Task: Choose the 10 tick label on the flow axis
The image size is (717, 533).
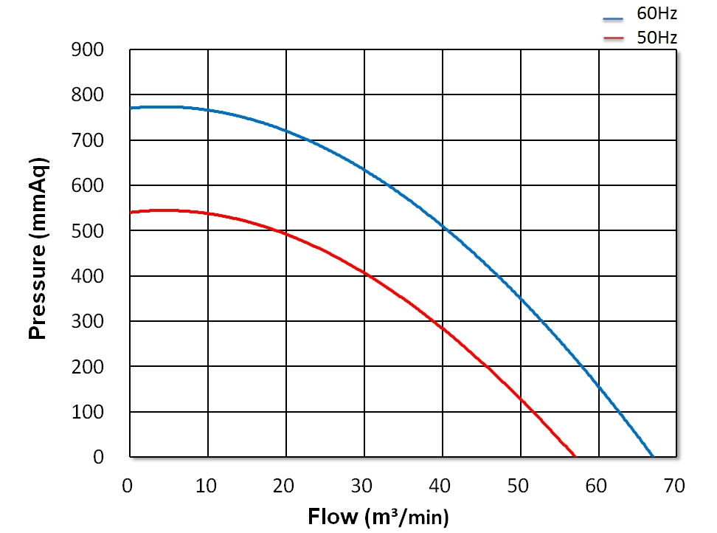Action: click(207, 486)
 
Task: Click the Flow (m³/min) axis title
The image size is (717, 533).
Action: click(378, 516)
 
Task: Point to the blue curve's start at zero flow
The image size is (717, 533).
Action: click(131, 109)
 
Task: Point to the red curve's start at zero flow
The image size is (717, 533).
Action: click(131, 213)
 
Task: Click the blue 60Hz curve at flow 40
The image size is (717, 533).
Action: click(442, 225)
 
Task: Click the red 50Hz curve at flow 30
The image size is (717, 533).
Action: click(364, 272)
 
